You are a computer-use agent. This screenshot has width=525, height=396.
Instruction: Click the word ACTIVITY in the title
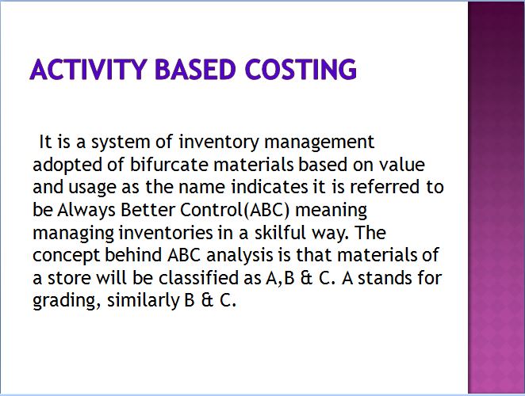[89, 69]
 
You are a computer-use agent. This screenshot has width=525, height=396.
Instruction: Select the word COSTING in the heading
[301, 69]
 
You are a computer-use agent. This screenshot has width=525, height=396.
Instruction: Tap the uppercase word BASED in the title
[196, 69]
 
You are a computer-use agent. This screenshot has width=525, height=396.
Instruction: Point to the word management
[319, 142]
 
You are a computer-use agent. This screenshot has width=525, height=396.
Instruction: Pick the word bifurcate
[169, 165]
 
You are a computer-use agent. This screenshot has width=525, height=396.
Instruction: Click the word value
[402, 165]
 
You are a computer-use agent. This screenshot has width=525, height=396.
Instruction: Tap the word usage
[92, 188]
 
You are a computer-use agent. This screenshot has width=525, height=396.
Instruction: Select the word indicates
[270, 187]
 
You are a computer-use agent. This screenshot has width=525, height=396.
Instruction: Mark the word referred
[385, 187]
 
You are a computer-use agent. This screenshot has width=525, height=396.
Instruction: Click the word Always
[86, 211]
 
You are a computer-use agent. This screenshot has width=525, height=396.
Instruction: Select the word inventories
[166, 233]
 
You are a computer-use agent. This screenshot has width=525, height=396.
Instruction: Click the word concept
[67, 256]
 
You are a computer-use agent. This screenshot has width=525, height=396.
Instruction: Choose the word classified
[209, 278]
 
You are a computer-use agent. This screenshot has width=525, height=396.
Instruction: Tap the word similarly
[144, 301]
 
